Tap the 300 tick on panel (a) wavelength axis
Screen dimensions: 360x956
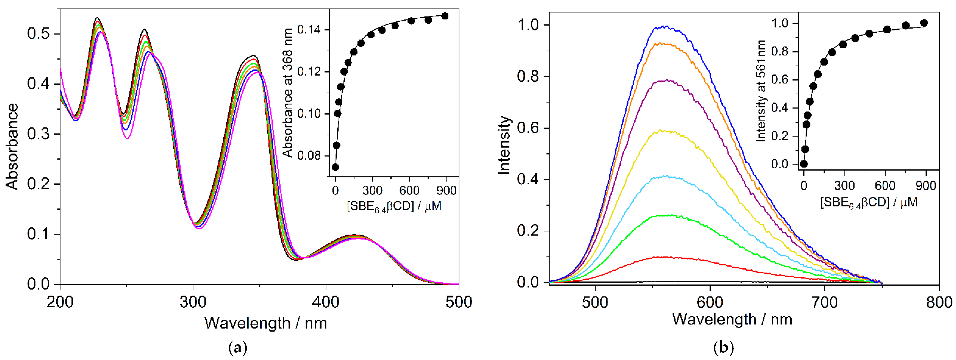(193, 302)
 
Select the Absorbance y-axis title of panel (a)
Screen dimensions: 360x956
(12, 147)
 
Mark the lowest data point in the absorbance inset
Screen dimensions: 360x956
(336, 167)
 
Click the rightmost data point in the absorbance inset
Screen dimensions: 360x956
(445, 16)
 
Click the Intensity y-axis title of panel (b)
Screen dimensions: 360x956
(504, 146)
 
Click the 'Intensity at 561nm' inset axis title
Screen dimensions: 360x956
(761, 91)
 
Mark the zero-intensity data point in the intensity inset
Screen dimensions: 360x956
(804, 164)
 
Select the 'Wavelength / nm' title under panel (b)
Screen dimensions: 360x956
(732, 319)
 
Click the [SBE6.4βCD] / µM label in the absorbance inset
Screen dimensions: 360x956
(394, 206)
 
